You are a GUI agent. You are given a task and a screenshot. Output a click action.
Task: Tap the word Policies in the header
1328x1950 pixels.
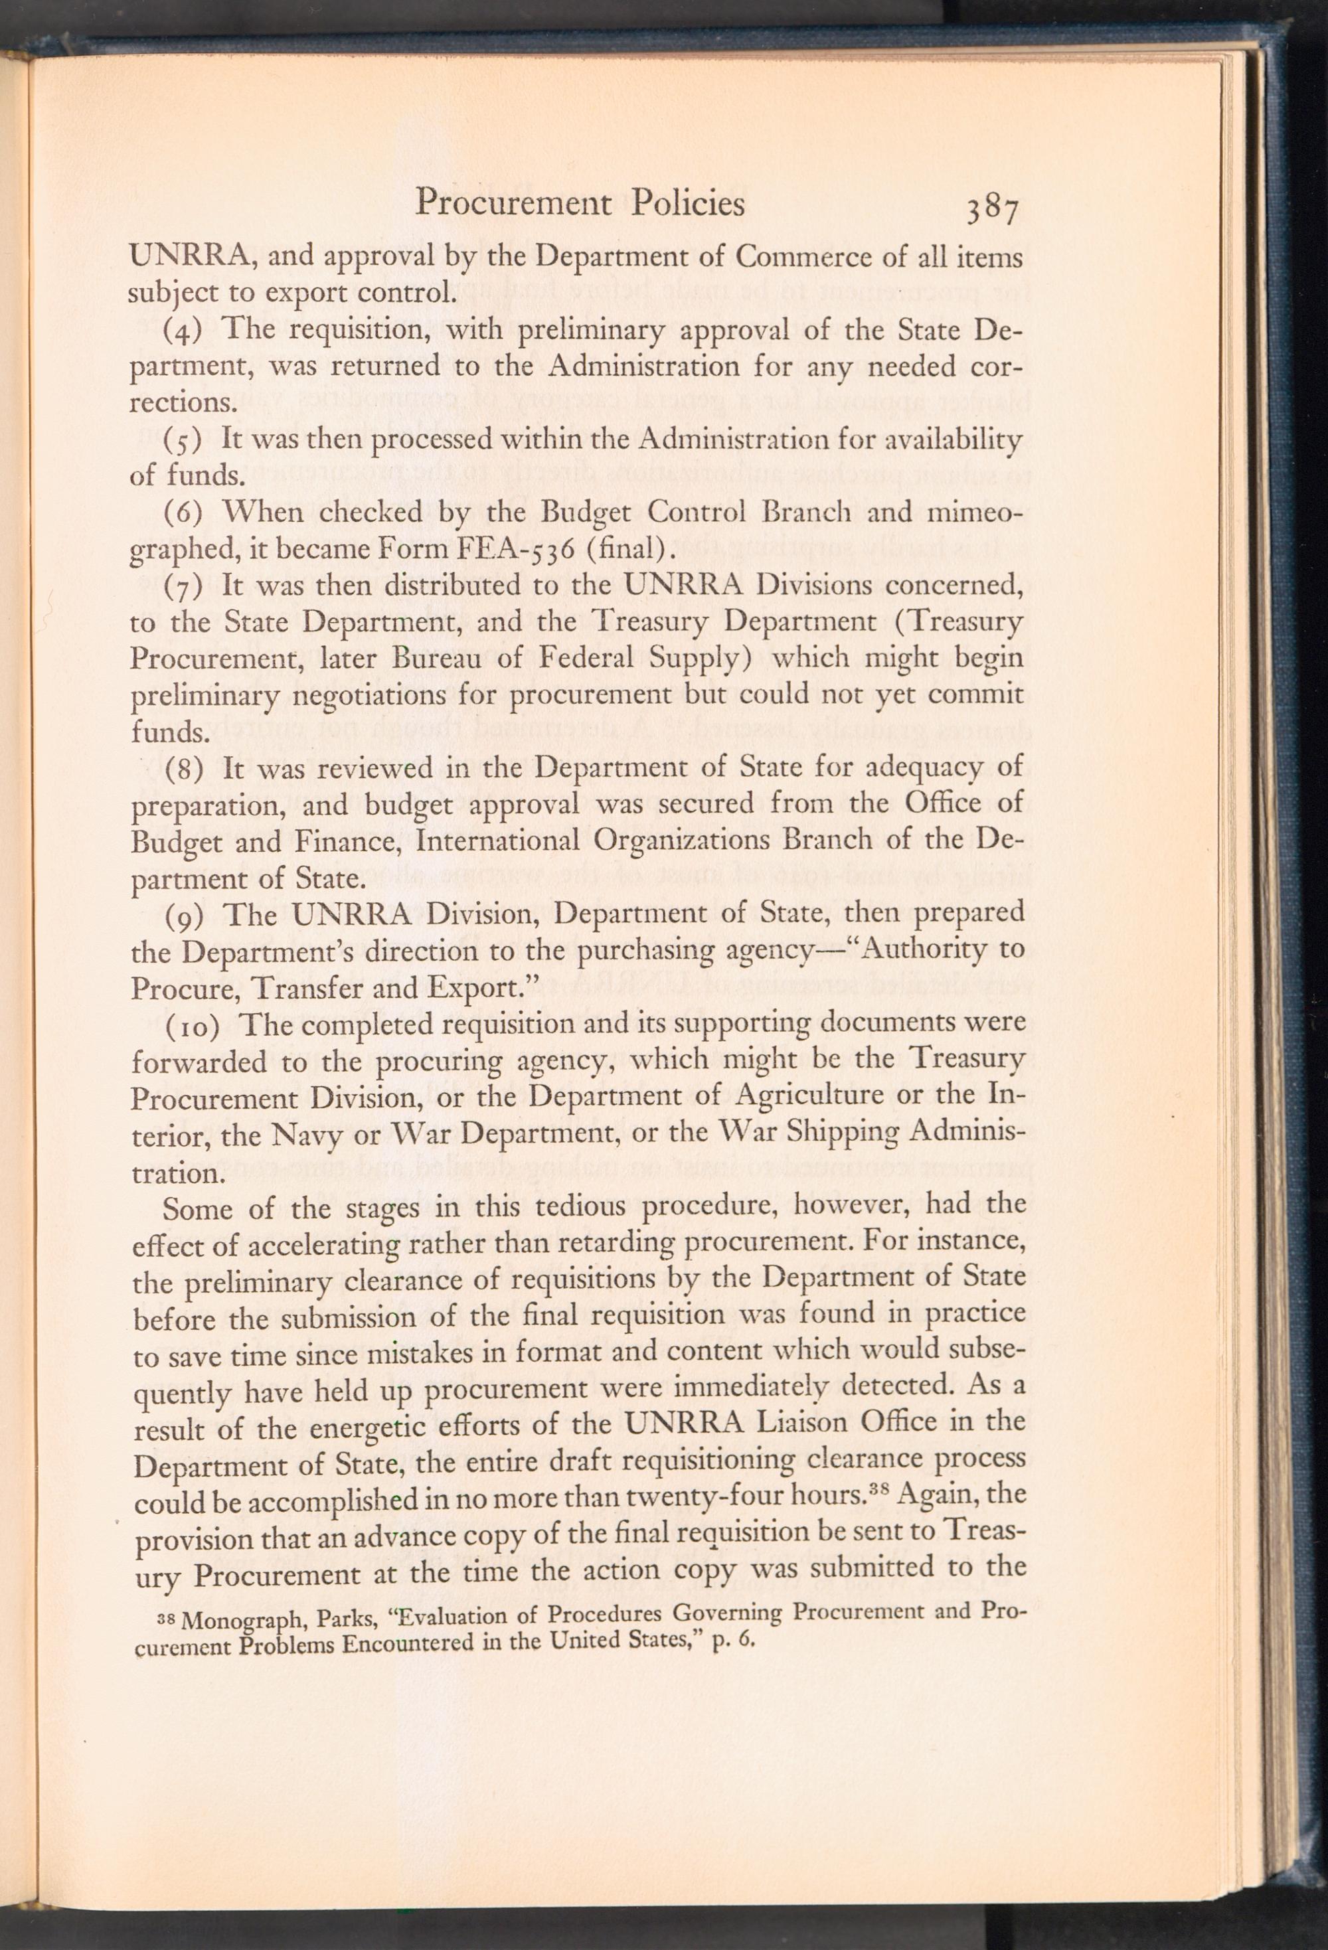[x=689, y=204]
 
